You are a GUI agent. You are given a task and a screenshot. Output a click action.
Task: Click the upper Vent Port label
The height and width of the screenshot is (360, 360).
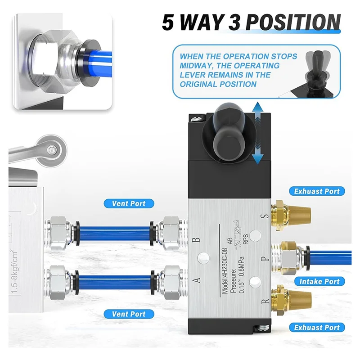pos(129,203)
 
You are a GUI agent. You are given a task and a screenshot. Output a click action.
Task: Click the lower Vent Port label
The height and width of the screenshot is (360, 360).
pos(129,314)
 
